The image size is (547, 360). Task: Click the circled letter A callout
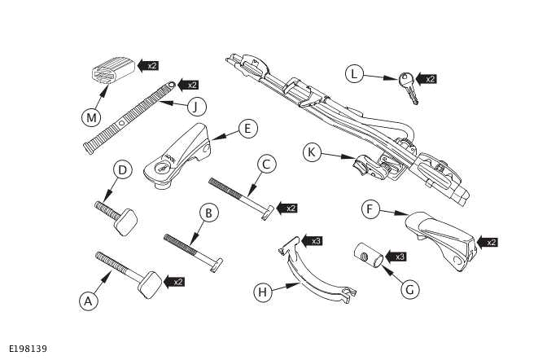click(88, 301)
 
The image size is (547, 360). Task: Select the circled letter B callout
click(209, 213)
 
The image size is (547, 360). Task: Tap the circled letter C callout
click(265, 163)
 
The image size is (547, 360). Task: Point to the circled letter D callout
click(121, 170)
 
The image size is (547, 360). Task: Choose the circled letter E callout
click(248, 128)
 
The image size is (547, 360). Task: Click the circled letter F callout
click(370, 210)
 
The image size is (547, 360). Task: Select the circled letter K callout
click(312, 151)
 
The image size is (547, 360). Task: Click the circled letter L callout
click(352, 75)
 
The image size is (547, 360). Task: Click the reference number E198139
click(28, 349)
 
